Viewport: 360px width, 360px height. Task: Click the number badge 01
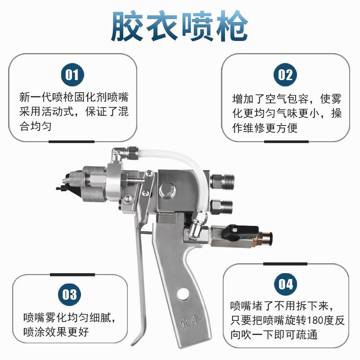tap(72, 75)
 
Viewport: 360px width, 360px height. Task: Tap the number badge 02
tap(285, 75)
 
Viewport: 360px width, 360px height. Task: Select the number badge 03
tap(70, 295)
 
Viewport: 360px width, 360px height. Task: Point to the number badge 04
tap(286, 284)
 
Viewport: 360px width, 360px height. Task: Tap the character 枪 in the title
tap(231, 26)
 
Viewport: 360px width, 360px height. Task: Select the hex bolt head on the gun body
tap(167, 189)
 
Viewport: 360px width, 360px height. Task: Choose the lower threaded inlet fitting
tap(221, 206)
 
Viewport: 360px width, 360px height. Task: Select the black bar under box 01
tap(72, 142)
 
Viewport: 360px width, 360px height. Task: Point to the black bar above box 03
tap(72, 275)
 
